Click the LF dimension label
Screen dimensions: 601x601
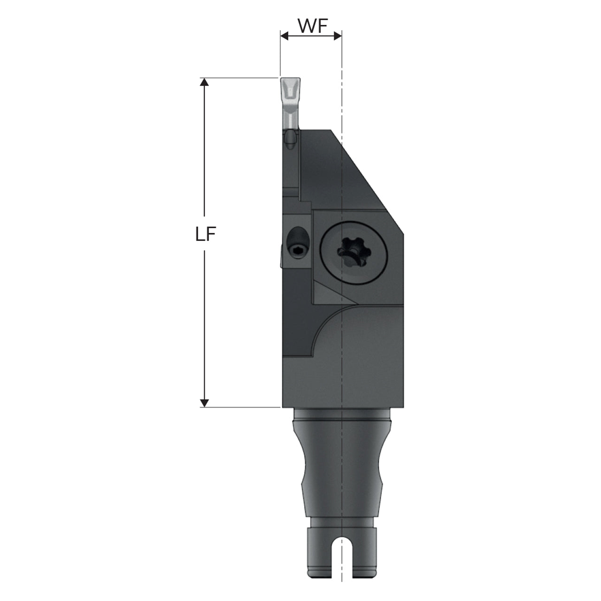206,234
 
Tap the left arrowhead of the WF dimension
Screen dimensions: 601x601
285,36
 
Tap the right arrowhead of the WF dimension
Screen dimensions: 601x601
338,36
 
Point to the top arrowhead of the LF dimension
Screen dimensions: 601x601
204,82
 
